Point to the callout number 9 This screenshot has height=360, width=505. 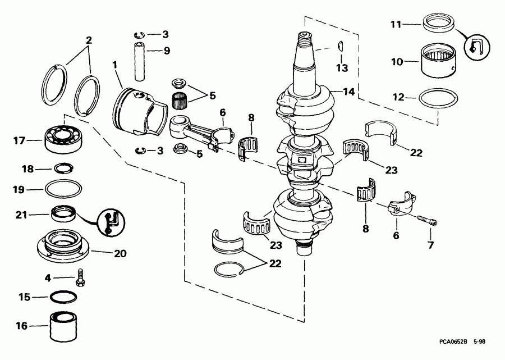pyautogui.click(x=166, y=49)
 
